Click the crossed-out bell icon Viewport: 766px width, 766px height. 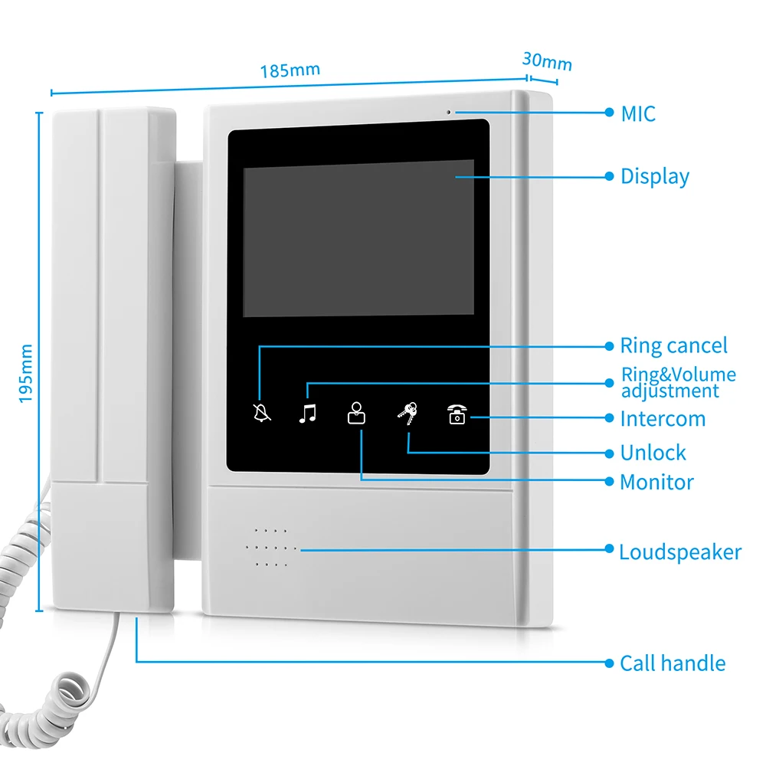coord(262,414)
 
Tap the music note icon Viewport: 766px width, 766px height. coord(307,414)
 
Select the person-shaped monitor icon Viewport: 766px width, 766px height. coord(356,413)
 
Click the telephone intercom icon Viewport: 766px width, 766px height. coord(457,414)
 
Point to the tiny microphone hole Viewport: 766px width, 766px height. coord(450,113)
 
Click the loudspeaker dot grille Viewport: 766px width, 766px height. coord(270,548)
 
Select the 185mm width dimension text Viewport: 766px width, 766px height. coord(290,70)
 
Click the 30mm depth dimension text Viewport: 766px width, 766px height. coord(547,61)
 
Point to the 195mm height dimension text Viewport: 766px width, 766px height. coord(26,373)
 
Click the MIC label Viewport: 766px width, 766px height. coord(638,113)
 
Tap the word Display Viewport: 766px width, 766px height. coord(655,176)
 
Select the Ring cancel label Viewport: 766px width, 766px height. coord(673,346)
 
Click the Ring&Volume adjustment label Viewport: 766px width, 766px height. coord(677,383)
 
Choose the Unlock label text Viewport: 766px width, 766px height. coord(653,453)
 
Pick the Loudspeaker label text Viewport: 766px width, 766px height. coord(679,552)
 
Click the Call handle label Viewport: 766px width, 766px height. coord(672,663)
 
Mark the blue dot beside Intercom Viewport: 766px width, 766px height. coord(609,418)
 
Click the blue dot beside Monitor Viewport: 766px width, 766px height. coord(609,481)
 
